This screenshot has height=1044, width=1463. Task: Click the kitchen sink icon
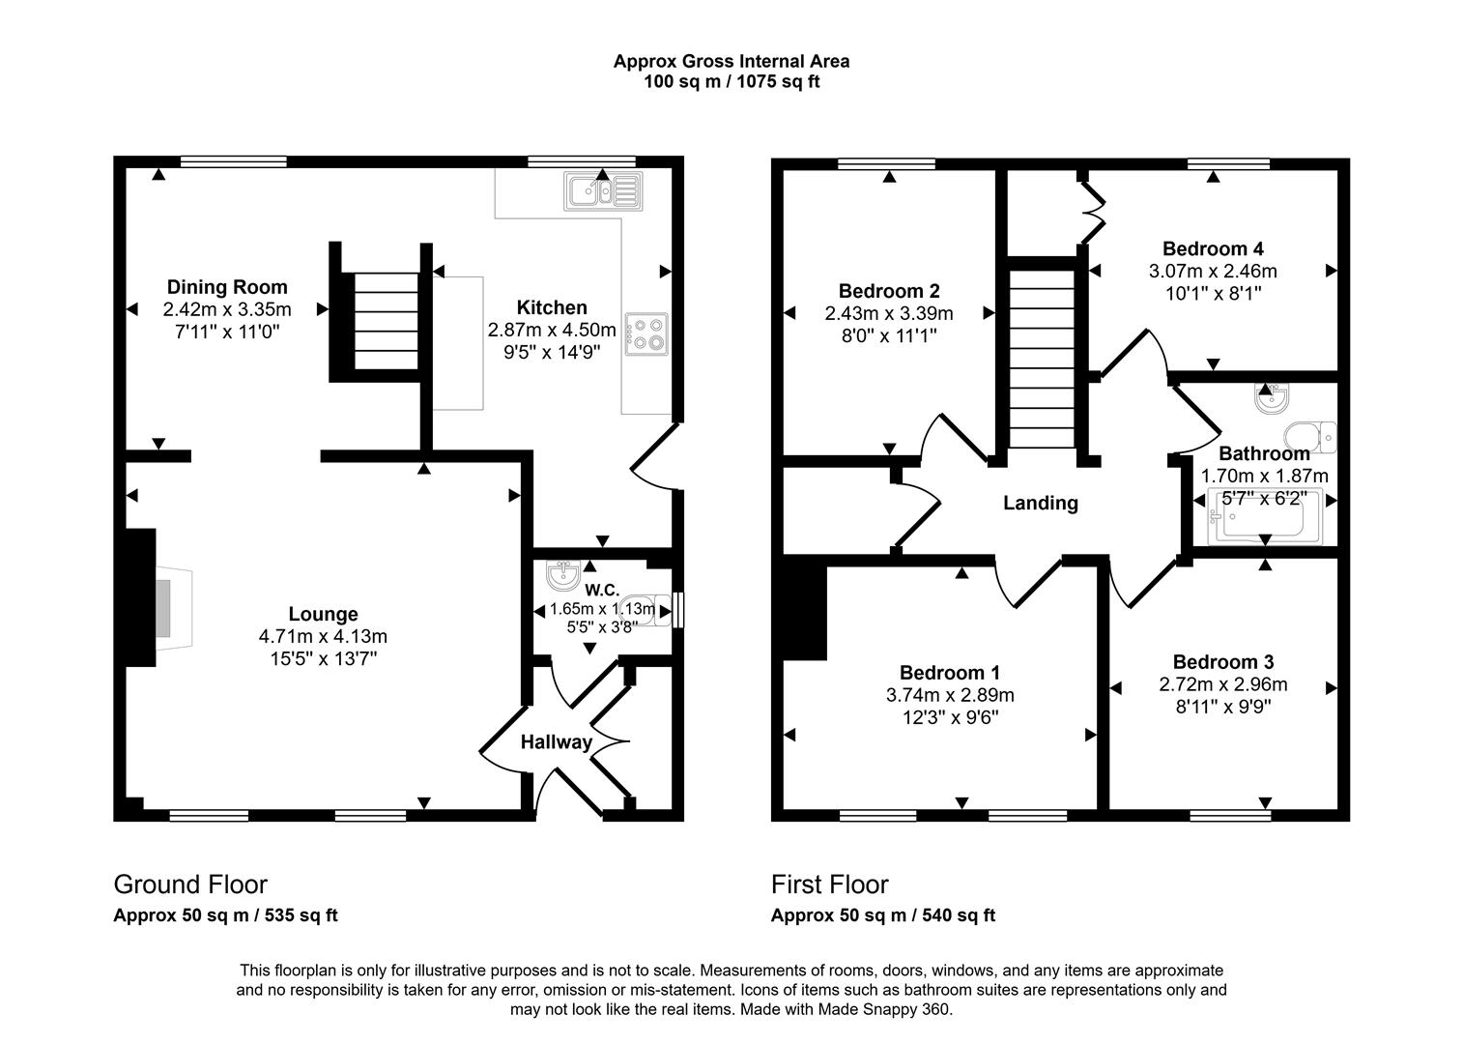click(603, 191)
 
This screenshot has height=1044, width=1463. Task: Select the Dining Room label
click(227, 287)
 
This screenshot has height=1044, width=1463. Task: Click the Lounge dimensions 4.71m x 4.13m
click(323, 636)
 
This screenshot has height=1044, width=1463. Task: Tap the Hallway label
click(556, 742)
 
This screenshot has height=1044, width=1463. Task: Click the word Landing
click(1040, 503)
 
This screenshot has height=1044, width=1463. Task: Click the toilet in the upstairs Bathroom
click(1309, 437)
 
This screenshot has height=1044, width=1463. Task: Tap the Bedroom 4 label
click(1213, 248)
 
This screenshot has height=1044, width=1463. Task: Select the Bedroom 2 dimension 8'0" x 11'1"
click(888, 335)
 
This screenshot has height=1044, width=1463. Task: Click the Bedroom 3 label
click(1222, 662)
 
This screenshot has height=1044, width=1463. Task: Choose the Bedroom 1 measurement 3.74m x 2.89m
click(949, 695)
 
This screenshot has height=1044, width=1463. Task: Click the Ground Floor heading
click(190, 884)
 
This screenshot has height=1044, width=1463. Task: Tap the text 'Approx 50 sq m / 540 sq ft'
click(882, 915)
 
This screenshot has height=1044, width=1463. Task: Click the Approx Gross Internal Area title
click(731, 61)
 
